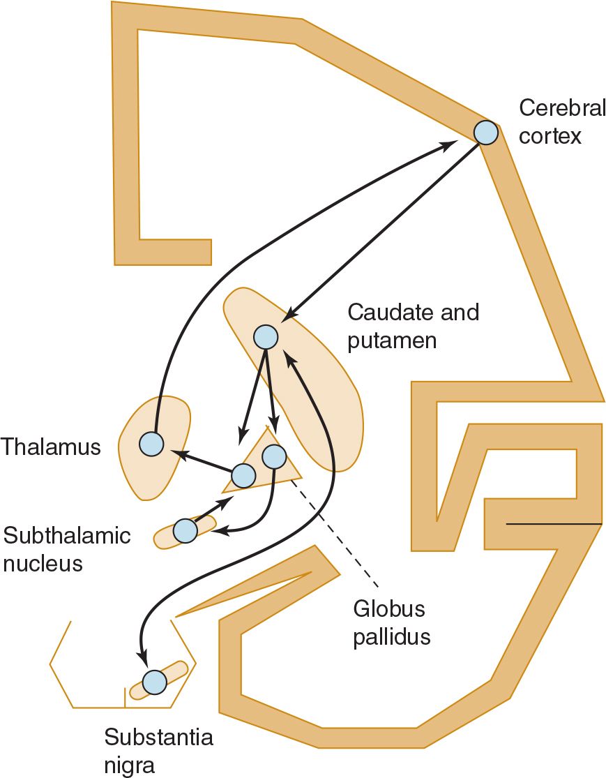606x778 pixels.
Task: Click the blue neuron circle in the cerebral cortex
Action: [x=486, y=132]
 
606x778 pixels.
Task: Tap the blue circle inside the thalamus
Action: [x=151, y=443]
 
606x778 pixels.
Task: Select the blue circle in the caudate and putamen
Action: [x=266, y=337]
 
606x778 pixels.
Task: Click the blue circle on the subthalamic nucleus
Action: [x=185, y=531]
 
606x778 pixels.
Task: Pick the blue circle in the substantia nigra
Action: [x=154, y=681]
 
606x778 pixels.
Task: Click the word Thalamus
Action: [x=51, y=447]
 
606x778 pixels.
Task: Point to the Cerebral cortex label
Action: [x=550, y=121]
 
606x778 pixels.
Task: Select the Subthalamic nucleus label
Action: [x=67, y=548]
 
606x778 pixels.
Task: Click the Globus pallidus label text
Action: [x=391, y=622]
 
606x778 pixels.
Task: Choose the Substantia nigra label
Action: [x=158, y=750]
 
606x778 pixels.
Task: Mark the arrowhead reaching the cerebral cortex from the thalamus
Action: [x=450, y=144]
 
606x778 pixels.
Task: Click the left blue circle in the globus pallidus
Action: [x=243, y=476]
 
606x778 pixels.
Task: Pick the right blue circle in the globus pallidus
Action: [x=273, y=456]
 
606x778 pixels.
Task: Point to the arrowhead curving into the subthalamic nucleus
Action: [x=216, y=532]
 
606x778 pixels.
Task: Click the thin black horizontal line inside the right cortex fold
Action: [x=554, y=523]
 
